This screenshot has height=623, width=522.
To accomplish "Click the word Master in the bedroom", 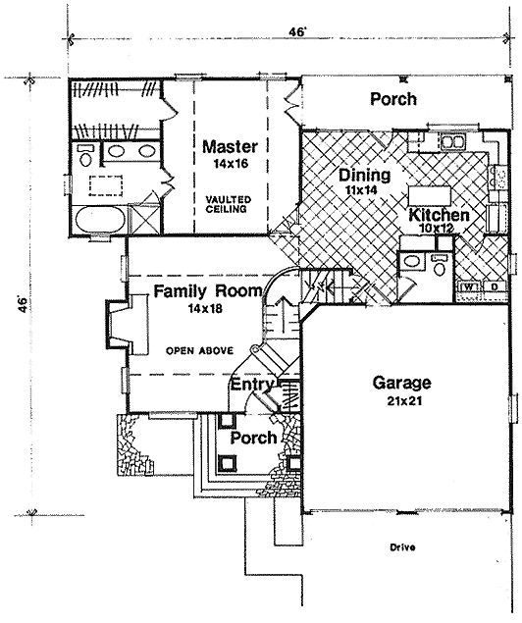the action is pyautogui.click(x=230, y=146).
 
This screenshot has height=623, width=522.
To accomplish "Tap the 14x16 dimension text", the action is pyautogui.click(x=231, y=163).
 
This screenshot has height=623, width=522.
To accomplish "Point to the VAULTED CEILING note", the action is pyautogui.click(x=228, y=204).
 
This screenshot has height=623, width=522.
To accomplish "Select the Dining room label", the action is pyautogui.click(x=364, y=175).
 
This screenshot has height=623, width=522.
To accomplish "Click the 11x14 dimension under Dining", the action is pyautogui.click(x=361, y=190).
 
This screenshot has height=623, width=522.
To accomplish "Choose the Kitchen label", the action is pyautogui.click(x=439, y=215).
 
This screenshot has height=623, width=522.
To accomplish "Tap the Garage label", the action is pyautogui.click(x=401, y=383).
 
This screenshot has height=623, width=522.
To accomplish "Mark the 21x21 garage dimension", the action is pyautogui.click(x=404, y=401).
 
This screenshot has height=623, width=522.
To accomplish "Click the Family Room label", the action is pyautogui.click(x=208, y=291).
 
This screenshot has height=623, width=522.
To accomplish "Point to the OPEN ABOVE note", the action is pyautogui.click(x=199, y=351).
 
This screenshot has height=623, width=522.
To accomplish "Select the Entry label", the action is pyautogui.click(x=252, y=385).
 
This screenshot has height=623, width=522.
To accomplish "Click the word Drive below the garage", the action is pyautogui.click(x=402, y=547).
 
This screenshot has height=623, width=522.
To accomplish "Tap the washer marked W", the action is pyautogui.click(x=469, y=286).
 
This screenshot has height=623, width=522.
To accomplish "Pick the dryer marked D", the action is pyautogui.click(x=495, y=286).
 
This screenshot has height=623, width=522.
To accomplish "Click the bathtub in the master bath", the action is pyautogui.click(x=99, y=220).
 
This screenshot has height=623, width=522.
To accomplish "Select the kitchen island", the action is pyautogui.click(x=430, y=195).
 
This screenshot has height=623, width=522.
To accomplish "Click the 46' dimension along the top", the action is pyautogui.click(x=296, y=31).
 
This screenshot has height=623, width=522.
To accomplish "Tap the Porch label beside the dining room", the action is pyautogui.click(x=393, y=98).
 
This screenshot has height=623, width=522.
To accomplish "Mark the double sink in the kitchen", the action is pyautogui.click(x=453, y=142).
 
